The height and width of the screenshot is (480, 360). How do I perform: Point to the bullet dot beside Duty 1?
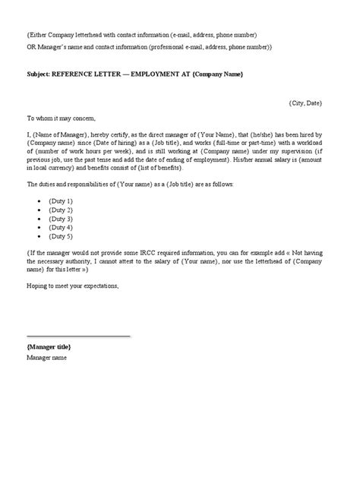(x=39, y=200)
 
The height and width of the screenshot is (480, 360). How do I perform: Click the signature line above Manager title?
(x=78, y=336)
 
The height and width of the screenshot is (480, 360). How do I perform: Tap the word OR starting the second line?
(x=31, y=47)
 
